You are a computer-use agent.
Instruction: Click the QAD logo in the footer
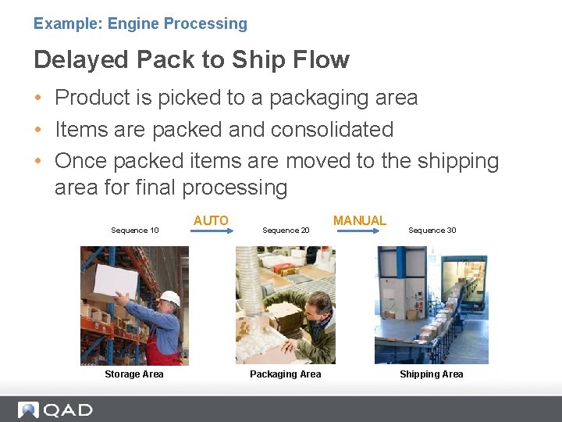55,409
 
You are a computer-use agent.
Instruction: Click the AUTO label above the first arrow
211,221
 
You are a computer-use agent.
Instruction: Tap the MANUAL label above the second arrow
359,221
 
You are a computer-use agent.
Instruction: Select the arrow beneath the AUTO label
211,231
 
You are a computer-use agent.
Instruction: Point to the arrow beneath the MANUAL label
359,231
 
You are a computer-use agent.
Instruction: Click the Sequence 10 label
135,231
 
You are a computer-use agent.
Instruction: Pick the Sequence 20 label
286,231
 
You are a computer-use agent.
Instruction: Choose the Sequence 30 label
432,231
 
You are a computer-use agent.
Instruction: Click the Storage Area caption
134,374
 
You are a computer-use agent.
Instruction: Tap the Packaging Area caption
285,374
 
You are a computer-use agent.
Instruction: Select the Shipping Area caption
431,374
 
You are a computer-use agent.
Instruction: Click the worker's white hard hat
169,298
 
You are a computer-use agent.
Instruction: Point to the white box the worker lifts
115,280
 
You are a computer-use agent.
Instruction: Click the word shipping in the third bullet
457,161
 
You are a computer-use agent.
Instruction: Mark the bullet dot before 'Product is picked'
38,98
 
